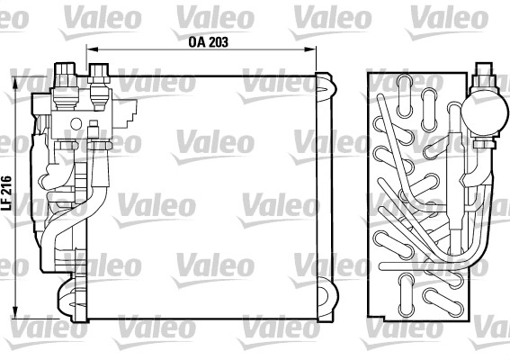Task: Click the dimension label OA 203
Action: point(208,42)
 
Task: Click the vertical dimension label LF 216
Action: point(6,193)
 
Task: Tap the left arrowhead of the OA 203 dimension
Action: point(93,49)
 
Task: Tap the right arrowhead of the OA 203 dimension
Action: point(310,49)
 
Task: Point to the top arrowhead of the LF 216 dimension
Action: point(14,82)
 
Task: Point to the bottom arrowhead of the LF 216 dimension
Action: point(14,311)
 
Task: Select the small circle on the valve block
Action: point(76,123)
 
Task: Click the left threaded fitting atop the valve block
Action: point(66,85)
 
